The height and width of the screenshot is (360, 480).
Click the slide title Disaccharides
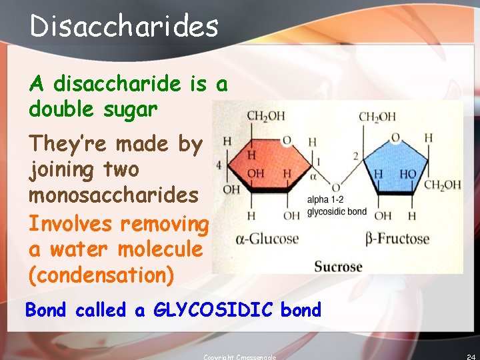pyautogui.click(x=124, y=27)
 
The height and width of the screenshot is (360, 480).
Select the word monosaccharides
pyautogui.click(x=113, y=195)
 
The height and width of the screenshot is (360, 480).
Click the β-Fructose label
pyautogui.click(x=398, y=239)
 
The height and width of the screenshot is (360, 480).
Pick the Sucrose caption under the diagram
pyautogui.click(x=338, y=267)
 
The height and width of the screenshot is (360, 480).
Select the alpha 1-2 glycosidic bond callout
pyautogui.click(x=337, y=205)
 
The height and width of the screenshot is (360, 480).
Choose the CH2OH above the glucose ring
pyautogui.click(x=265, y=117)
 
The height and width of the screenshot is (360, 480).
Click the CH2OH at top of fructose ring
pyautogui.click(x=377, y=117)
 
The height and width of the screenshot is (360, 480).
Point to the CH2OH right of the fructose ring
pyautogui.click(x=442, y=185)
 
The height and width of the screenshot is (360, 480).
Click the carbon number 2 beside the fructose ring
pyautogui.click(x=356, y=156)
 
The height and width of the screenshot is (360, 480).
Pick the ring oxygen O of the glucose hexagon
pyautogui.click(x=287, y=139)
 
